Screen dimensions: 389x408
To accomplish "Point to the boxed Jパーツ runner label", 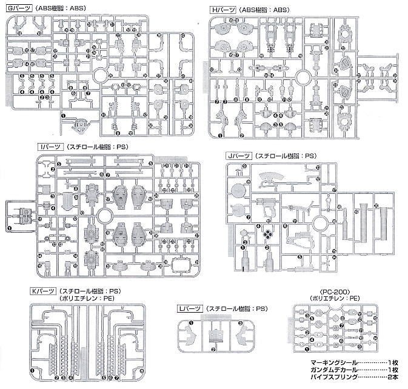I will pos(238,156).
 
